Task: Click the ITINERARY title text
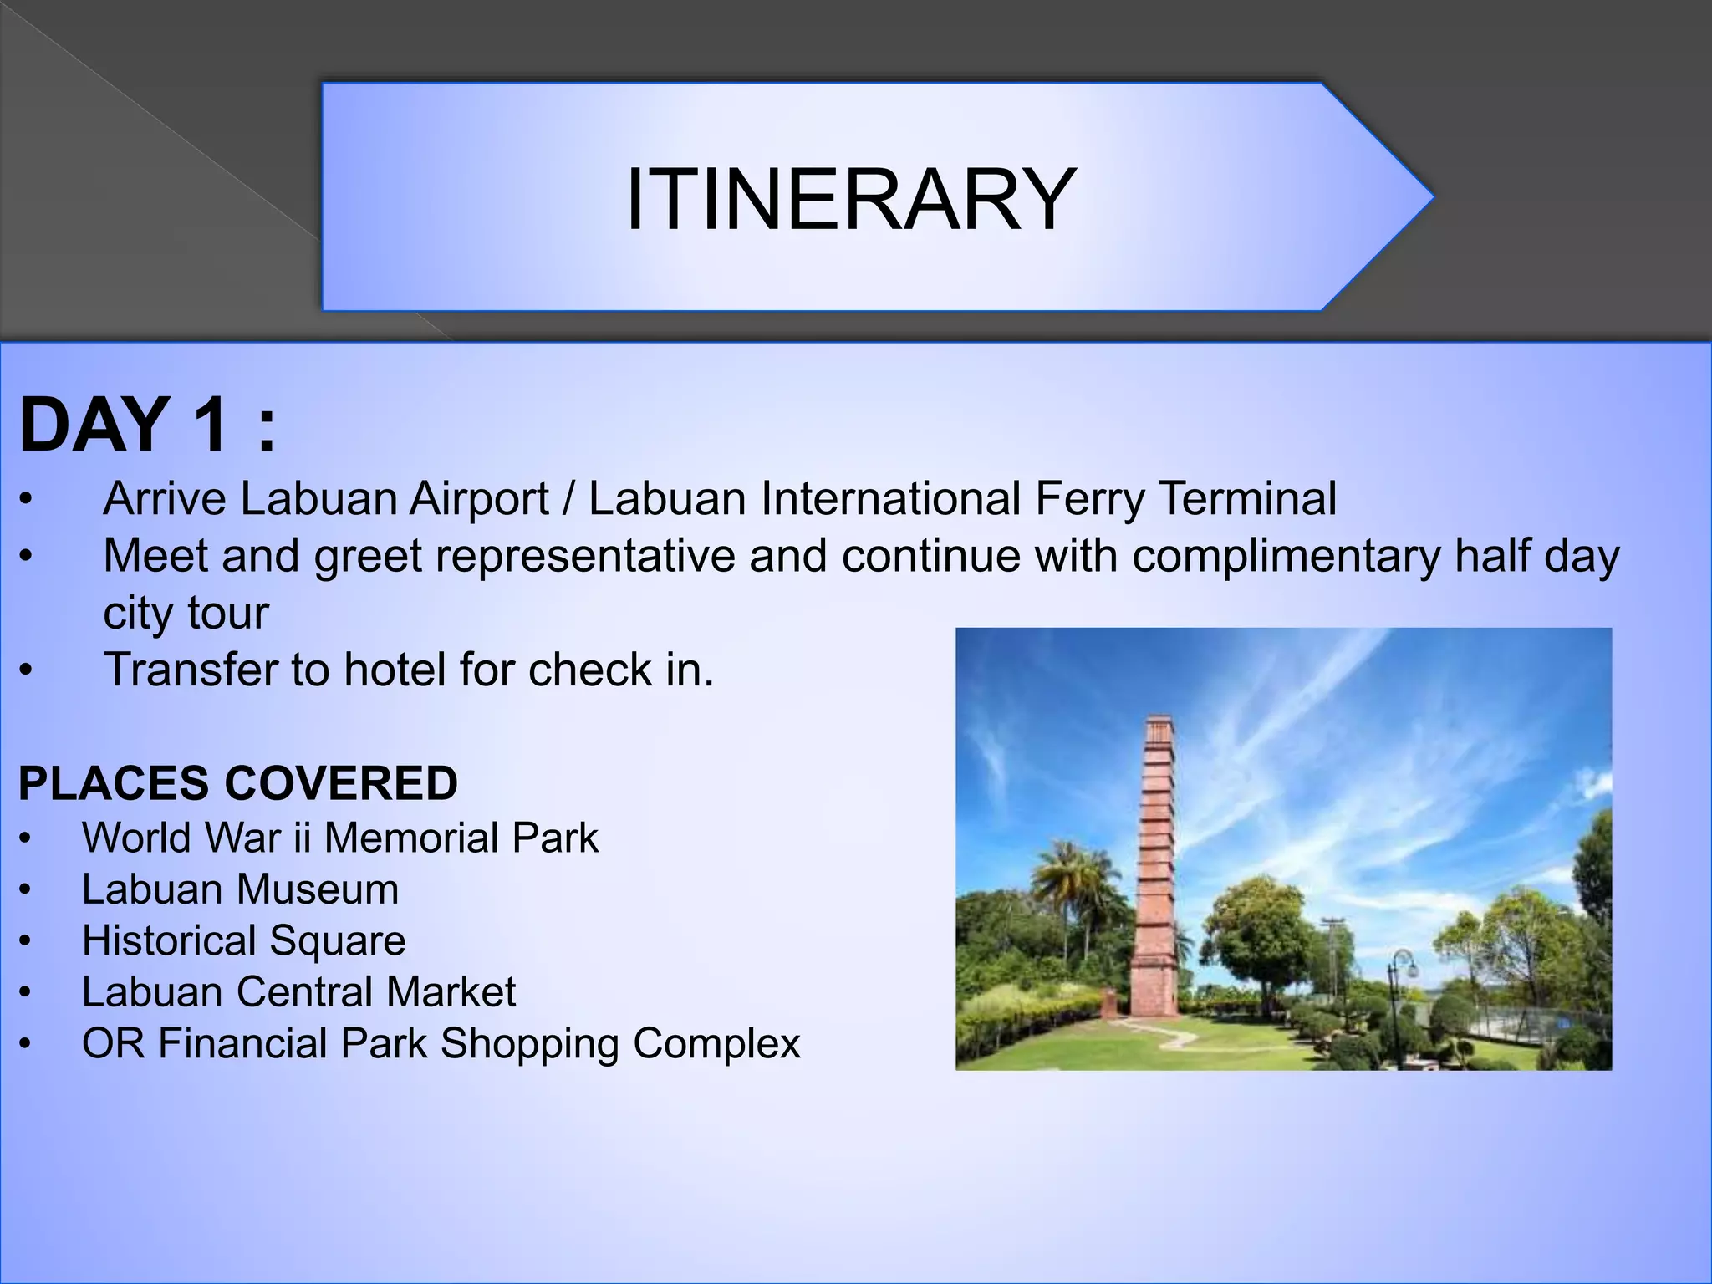pos(851,199)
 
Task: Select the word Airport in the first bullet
pos(478,498)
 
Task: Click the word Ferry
pos(1089,498)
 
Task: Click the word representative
pos(585,556)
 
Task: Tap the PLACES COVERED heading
pos(237,783)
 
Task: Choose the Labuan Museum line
pos(240,889)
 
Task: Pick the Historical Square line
pos(243,940)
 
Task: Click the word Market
pos(451,992)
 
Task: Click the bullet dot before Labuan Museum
pos(26,891)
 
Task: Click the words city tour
pos(186,613)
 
